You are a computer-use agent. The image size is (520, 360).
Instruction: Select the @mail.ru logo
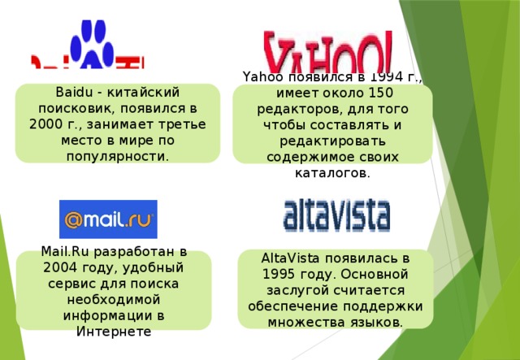click(108, 219)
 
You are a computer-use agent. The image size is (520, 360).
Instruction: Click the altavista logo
click(336, 214)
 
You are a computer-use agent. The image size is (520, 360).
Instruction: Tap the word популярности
click(118, 155)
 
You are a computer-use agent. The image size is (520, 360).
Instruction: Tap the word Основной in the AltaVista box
click(378, 274)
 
